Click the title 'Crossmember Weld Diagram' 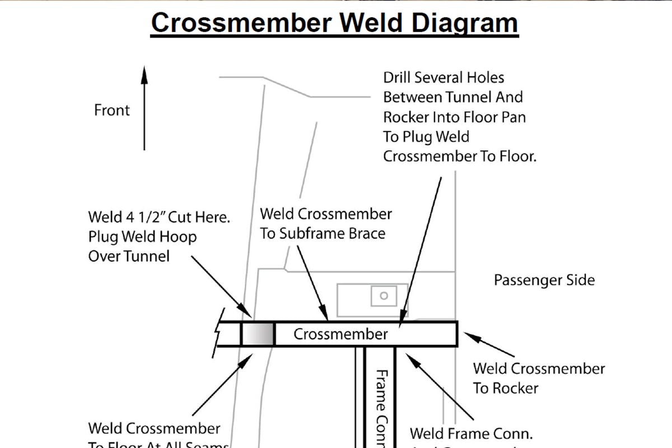(x=334, y=24)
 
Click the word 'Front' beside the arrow (x=112, y=110)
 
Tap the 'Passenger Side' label (x=544, y=279)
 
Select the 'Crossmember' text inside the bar (x=340, y=334)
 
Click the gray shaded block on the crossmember (x=258, y=334)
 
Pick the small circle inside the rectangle (x=384, y=296)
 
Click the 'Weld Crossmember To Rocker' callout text (x=539, y=378)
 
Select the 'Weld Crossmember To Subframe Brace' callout (x=325, y=223)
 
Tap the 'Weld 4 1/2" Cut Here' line (x=159, y=217)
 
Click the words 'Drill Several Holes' (x=444, y=77)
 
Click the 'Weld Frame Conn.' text (x=471, y=433)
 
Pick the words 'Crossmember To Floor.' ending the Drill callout (x=459, y=156)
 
